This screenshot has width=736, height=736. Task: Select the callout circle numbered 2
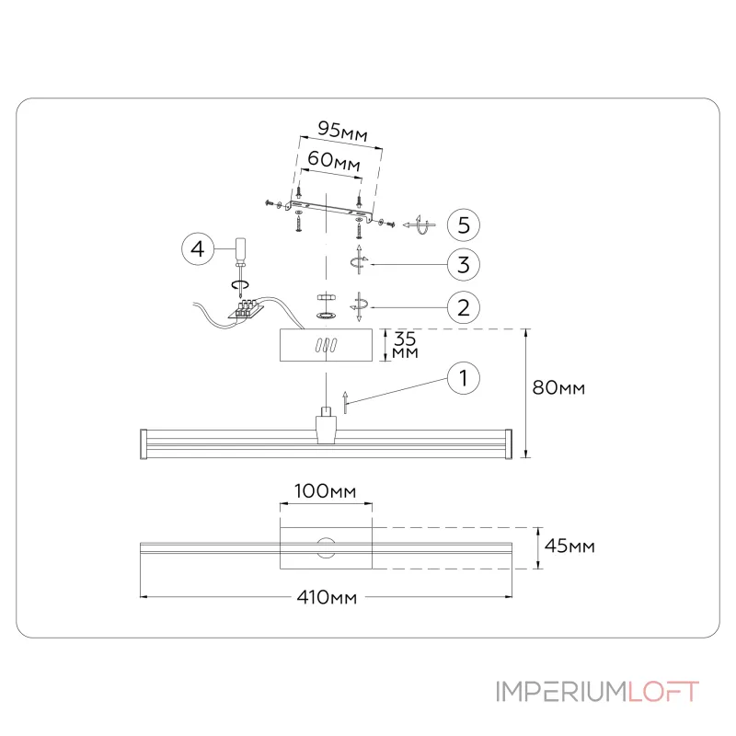tap(465, 306)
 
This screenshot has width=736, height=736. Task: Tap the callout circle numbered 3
tap(465, 265)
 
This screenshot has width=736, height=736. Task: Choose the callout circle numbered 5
tap(465, 224)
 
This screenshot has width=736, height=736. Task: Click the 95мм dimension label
tap(341, 131)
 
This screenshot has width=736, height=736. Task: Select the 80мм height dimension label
tap(559, 387)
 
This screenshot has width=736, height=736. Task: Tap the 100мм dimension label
tap(325, 491)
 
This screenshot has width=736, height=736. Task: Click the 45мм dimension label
tap(569, 546)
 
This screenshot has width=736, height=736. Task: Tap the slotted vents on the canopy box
tap(326, 346)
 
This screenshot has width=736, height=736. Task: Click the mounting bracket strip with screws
tap(328, 209)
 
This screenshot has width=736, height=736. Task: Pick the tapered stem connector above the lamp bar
tap(326, 427)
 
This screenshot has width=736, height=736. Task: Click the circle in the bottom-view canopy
tap(326, 547)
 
